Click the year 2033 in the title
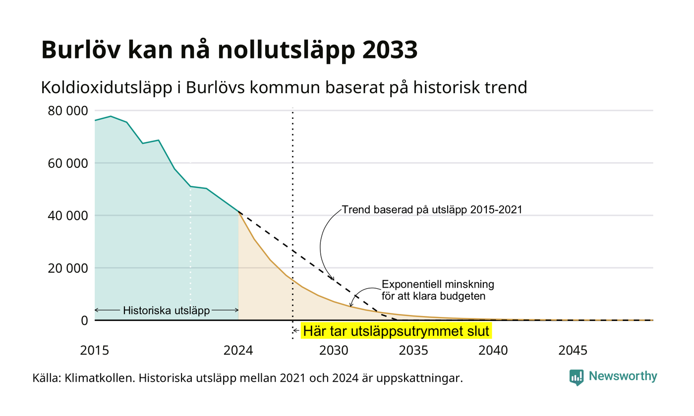point(390,50)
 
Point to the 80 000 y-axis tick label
point(68,111)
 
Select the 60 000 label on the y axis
point(68,163)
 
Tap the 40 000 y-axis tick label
point(68,216)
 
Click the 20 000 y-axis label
point(68,268)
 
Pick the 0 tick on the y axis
point(85,321)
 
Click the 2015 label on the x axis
point(95,351)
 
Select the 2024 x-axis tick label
point(238,351)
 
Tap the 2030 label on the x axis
point(334,351)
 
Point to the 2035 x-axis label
point(413,351)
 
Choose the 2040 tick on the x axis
point(493,351)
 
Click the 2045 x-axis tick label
point(573,351)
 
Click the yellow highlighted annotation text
point(396,331)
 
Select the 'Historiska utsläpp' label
point(167,310)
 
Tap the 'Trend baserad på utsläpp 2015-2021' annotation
point(432,209)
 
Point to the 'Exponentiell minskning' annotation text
point(438,284)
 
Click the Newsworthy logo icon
point(577,377)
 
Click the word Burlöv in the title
point(80,50)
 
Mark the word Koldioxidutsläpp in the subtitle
point(107,88)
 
